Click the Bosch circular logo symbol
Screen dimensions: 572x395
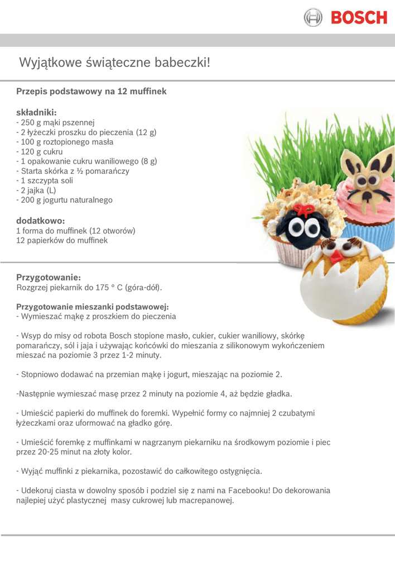[x=313, y=17]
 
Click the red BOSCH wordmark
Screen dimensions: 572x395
[x=358, y=17]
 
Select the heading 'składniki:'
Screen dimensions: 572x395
[x=37, y=112]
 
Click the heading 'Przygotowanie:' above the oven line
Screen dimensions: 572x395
[x=49, y=277]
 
